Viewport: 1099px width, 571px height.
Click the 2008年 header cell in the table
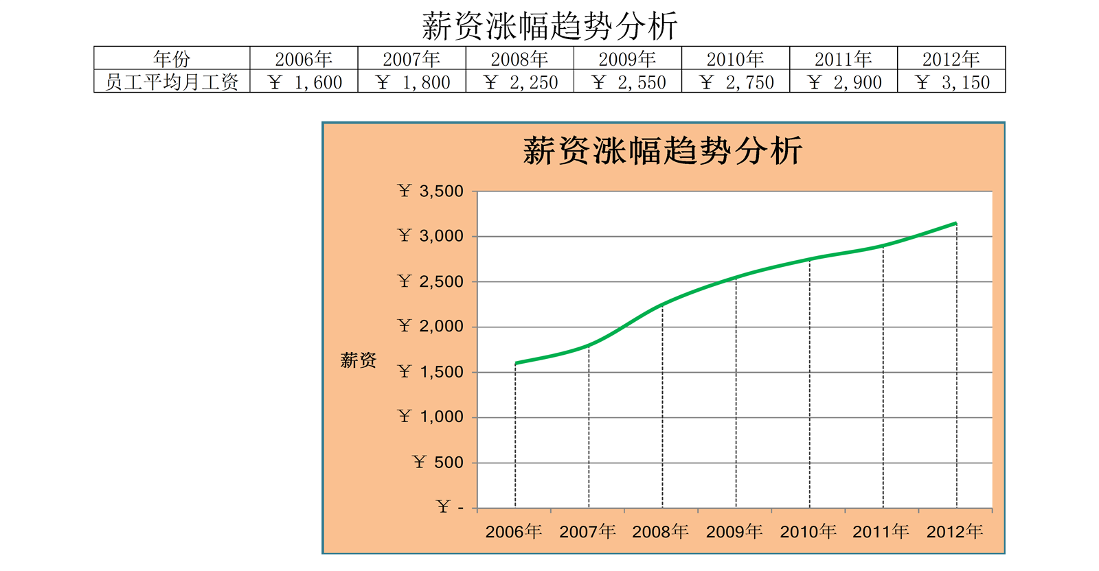[x=519, y=58]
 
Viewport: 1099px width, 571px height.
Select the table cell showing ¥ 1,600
[x=304, y=82]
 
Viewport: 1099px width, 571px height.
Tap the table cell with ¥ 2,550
[x=628, y=82]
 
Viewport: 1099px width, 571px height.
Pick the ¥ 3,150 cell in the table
[x=951, y=82]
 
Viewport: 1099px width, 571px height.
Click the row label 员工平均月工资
[x=172, y=82]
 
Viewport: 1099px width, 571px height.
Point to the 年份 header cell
[x=172, y=58]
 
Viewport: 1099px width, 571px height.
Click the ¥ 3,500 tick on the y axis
[x=431, y=191]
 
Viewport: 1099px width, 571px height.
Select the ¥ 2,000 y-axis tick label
[x=431, y=327]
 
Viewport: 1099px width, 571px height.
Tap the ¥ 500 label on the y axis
[x=438, y=463]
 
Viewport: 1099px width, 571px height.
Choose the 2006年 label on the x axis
[x=514, y=531]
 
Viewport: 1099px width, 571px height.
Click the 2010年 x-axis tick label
[x=808, y=531]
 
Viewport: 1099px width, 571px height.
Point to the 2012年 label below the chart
[x=955, y=531]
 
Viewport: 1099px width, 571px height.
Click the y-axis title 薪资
[x=359, y=360]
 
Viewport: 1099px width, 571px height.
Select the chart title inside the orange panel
[x=663, y=151]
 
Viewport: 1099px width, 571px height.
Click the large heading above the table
[x=549, y=26]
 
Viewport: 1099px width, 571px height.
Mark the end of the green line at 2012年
[x=955, y=224]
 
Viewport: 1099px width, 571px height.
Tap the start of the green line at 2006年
[x=516, y=363]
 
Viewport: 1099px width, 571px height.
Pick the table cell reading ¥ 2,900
[x=843, y=82]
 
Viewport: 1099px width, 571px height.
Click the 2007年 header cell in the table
[x=411, y=58]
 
